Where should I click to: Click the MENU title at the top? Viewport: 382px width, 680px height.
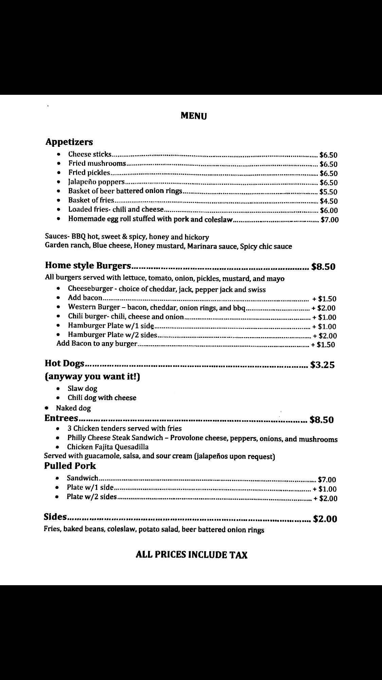pyautogui.click(x=194, y=116)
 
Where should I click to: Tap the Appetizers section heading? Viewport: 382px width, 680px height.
pyautogui.click(x=69, y=142)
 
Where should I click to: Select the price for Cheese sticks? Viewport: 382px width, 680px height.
pyautogui.click(x=328, y=155)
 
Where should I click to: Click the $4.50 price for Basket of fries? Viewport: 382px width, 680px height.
pyautogui.click(x=328, y=201)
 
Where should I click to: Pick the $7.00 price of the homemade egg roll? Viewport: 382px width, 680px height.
pyautogui.click(x=330, y=220)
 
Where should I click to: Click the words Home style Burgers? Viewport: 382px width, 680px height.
pyautogui.click(x=88, y=266)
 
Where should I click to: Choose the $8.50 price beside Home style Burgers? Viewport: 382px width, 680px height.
pyautogui.click(x=323, y=266)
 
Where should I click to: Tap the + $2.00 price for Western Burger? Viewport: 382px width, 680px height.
pyautogui.click(x=324, y=308)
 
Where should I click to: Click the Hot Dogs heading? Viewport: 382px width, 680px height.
pyautogui.click(x=65, y=364)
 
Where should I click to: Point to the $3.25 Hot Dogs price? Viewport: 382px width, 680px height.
pyautogui.click(x=323, y=365)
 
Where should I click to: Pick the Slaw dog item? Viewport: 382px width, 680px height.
pyautogui.click(x=83, y=388)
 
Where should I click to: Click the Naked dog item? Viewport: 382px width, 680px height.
pyautogui.click(x=73, y=408)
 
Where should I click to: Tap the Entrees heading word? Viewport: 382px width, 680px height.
pyautogui.click(x=61, y=418)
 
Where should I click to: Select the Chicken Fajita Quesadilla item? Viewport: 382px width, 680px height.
pyautogui.click(x=108, y=447)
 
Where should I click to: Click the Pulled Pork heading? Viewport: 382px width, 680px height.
pyautogui.click(x=70, y=466)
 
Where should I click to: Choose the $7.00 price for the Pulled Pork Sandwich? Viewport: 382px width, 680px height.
pyautogui.click(x=327, y=480)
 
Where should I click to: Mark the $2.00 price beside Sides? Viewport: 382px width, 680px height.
pyautogui.click(x=325, y=519)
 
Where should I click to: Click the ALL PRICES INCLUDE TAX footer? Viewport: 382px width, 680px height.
pyautogui.click(x=192, y=555)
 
